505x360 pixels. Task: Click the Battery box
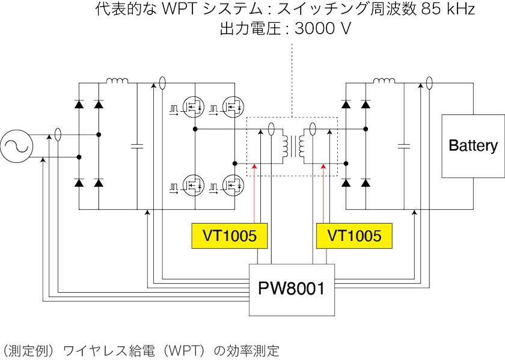click(473, 145)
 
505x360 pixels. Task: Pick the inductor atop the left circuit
click(117, 81)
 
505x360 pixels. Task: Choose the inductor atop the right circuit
click(385, 81)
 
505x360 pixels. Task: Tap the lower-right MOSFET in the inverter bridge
click(233, 184)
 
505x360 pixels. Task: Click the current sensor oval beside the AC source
click(58, 135)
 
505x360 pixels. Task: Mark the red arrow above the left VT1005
click(256, 192)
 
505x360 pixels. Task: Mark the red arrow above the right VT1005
click(325, 192)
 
